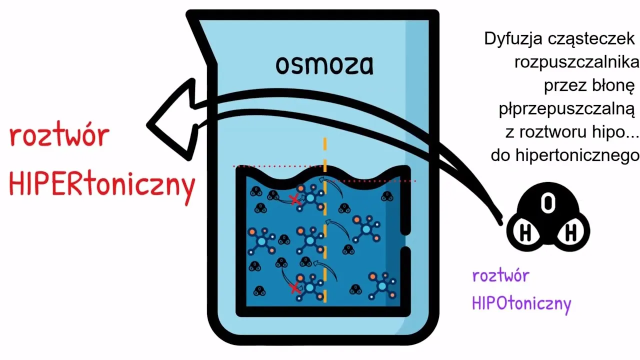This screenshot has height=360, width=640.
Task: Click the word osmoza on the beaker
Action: pyautogui.click(x=324, y=65)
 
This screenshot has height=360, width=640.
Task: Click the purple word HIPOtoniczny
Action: pyautogui.click(x=521, y=302)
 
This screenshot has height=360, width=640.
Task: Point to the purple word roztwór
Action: pyautogui.click(x=500, y=275)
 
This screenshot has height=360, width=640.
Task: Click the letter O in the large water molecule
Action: pyautogui.click(x=548, y=203)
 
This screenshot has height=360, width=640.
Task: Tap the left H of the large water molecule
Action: pyautogui.click(x=525, y=232)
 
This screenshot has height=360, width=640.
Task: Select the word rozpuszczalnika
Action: pyautogui.click(x=576, y=62)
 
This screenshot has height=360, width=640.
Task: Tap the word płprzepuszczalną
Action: pyautogui.click(x=567, y=109)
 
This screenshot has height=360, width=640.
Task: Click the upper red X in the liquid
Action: pyautogui.click(x=295, y=199)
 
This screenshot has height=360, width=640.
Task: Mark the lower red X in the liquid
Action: pyautogui.click(x=295, y=287)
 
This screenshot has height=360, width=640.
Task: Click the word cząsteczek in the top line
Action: pyautogui.click(x=583, y=39)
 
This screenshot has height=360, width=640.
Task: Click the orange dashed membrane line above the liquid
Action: pyautogui.click(x=325, y=145)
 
